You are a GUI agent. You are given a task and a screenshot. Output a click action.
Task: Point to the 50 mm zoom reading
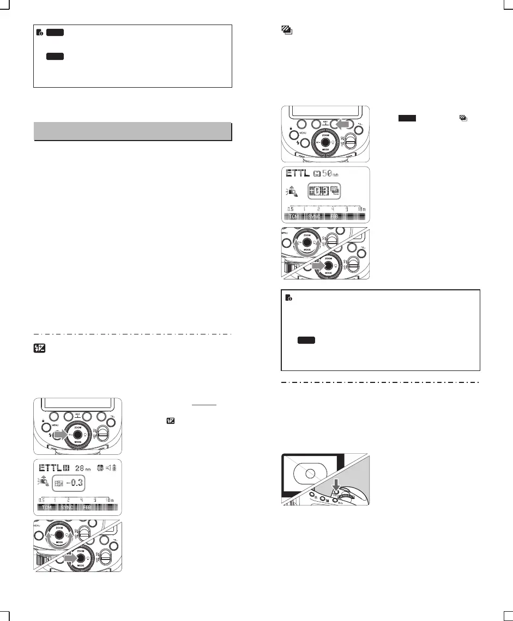[328, 174]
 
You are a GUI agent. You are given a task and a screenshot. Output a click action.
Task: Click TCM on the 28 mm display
[47, 508]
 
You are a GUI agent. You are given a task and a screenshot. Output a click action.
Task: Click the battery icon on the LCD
[115, 469]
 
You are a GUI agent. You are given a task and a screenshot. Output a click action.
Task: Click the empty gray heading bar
[133, 132]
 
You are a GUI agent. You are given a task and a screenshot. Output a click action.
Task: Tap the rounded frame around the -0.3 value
[70, 484]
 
